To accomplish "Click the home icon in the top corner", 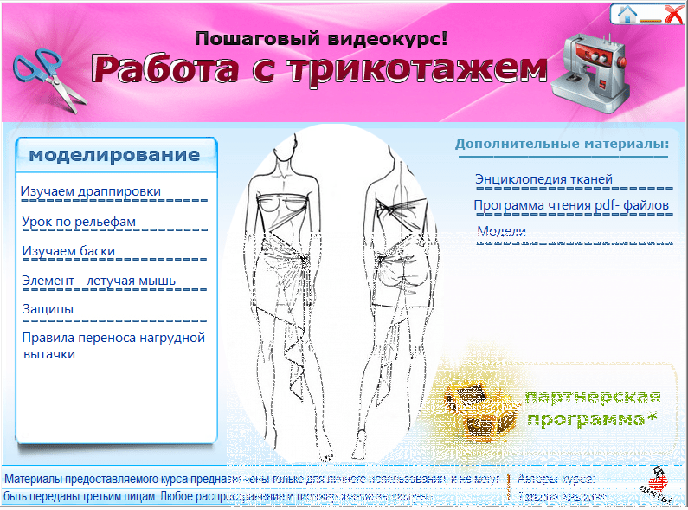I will tap(627, 13).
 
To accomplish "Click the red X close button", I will tap(673, 13).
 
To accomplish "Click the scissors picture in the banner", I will tap(50, 76).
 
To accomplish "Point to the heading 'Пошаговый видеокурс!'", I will tap(321, 38).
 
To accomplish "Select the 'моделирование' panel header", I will tap(114, 155).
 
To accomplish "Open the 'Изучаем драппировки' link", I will tap(91, 191).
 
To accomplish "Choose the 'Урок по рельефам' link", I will tap(79, 222).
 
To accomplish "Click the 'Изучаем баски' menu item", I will tap(68, 251).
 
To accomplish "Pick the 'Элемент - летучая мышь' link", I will tap(99, 281).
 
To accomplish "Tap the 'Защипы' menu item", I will tap(48, 309).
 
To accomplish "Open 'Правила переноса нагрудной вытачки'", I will tap(113, 345).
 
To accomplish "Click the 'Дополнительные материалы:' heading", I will tap(563, 143).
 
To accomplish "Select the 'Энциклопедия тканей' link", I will tap(543, 179).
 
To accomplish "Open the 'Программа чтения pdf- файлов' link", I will tap(571, 205).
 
